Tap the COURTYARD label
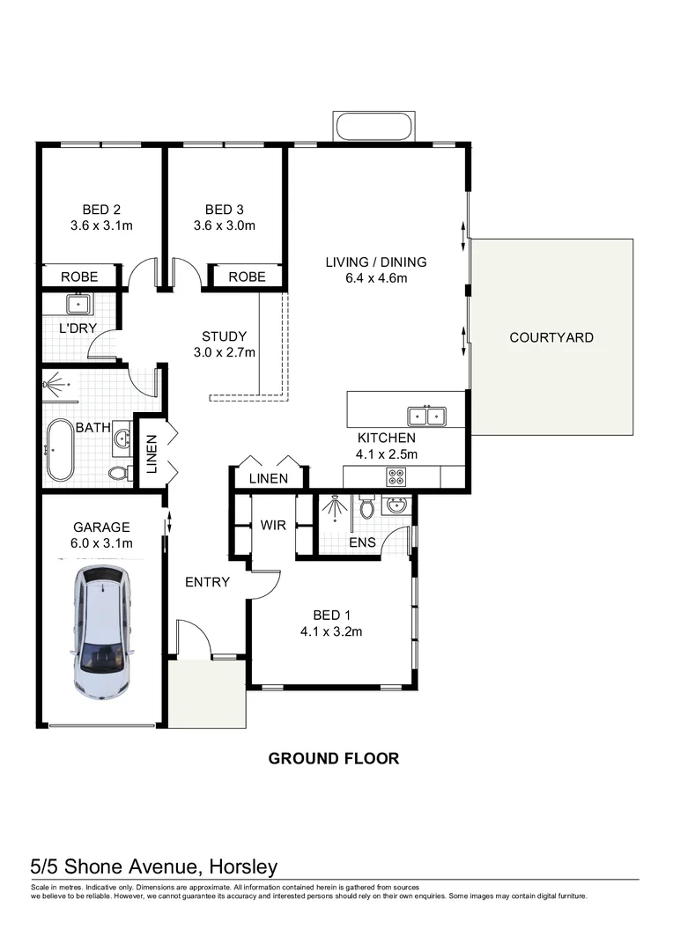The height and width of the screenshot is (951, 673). pyautogui.click(x=551, y=337)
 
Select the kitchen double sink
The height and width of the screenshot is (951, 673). pyautogui.click(x=426, y=417)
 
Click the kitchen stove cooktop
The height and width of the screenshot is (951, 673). pyautogui.click(x=396, y=477)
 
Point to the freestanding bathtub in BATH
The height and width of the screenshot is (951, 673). pyautogui.click(x=61, y=450)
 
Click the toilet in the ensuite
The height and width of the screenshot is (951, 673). pyautogui.click(x=367, y=508)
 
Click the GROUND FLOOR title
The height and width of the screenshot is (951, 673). pyautogui.click(x=333, y=758)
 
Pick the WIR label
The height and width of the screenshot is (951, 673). pyautogui.click(x=273, y=525)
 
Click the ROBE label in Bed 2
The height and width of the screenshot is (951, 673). pyautogui.click(x=79, y=276)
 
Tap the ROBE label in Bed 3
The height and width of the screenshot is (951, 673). pyautogui.click(x=247, y=276)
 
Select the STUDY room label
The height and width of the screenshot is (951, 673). pyautogui.click(x=224, y=335)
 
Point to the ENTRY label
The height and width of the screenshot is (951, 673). pyautogui.click(x=207, y=582)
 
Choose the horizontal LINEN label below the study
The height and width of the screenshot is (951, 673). pyautogui.click(x=268, y=479)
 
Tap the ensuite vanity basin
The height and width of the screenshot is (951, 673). pyautogui.click(x=396, y=505)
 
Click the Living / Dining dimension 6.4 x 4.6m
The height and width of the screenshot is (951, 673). pyautogui.click(x=375, y=278)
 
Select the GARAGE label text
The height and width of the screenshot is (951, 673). pyautogui.click(x=101, y=527)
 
